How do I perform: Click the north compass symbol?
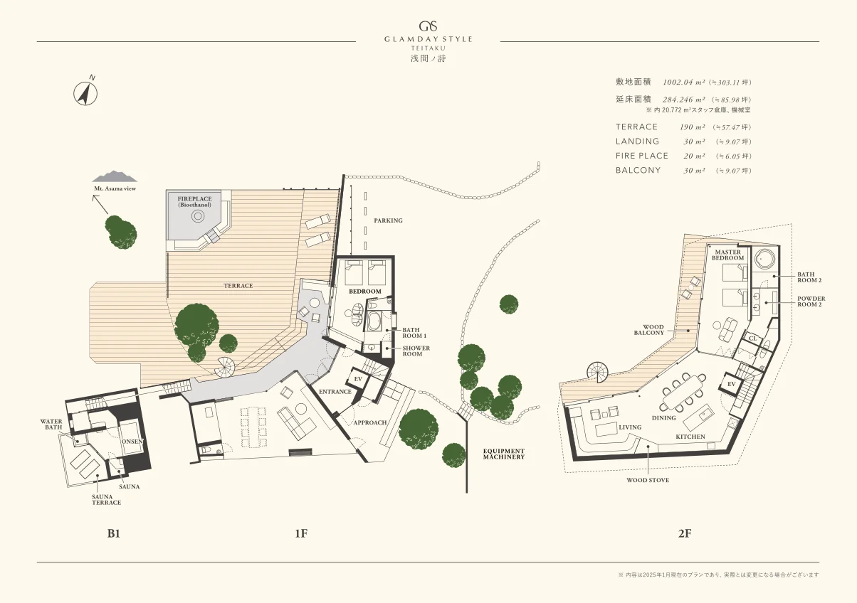click(85, 93)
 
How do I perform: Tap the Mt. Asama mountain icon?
click(115, 176)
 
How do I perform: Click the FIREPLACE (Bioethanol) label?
click(194, 202)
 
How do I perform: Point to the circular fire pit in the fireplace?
click(198, 217)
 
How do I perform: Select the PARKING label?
click(388, 220)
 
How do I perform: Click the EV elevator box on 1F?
click(358, 379)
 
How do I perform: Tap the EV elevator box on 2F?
click(731, 384)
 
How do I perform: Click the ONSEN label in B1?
click(132, 442)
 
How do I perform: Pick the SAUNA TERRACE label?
click(106, 500)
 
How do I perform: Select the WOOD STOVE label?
click(648, 480)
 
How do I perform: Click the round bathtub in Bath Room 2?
click(764, 260)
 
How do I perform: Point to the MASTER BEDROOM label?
click(727, 255)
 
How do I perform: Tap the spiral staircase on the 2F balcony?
click(597, 372)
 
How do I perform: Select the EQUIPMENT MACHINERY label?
click(503, 454)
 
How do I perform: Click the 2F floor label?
click(685, 533)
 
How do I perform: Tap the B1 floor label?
click(114, 533)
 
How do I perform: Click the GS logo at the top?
click(428, 26)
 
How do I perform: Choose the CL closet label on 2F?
click(752, 338)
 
